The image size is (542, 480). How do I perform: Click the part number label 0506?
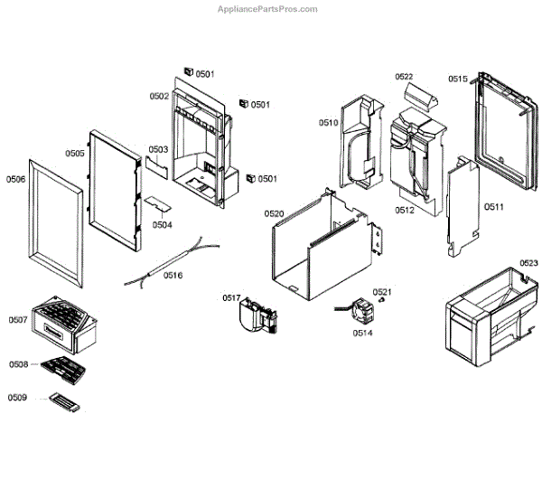pos(17,178)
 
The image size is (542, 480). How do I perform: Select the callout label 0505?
pos(75,154)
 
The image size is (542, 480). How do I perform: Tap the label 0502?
pos(160,96)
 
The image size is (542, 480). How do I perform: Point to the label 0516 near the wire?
pos(173,275)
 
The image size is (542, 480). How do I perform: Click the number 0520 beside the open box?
pos(274,213)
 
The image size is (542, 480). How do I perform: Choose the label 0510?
pos(327,122)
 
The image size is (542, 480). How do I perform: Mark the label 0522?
pos(404,77)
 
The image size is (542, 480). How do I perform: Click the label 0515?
pos(457,80)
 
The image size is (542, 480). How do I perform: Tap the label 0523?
pos(528,263)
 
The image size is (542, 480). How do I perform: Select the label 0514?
pos(362,333)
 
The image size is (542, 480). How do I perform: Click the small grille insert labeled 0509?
pos(65,401)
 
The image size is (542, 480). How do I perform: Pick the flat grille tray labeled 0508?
pos(63,367)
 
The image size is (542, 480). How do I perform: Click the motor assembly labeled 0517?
pos(256,315)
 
